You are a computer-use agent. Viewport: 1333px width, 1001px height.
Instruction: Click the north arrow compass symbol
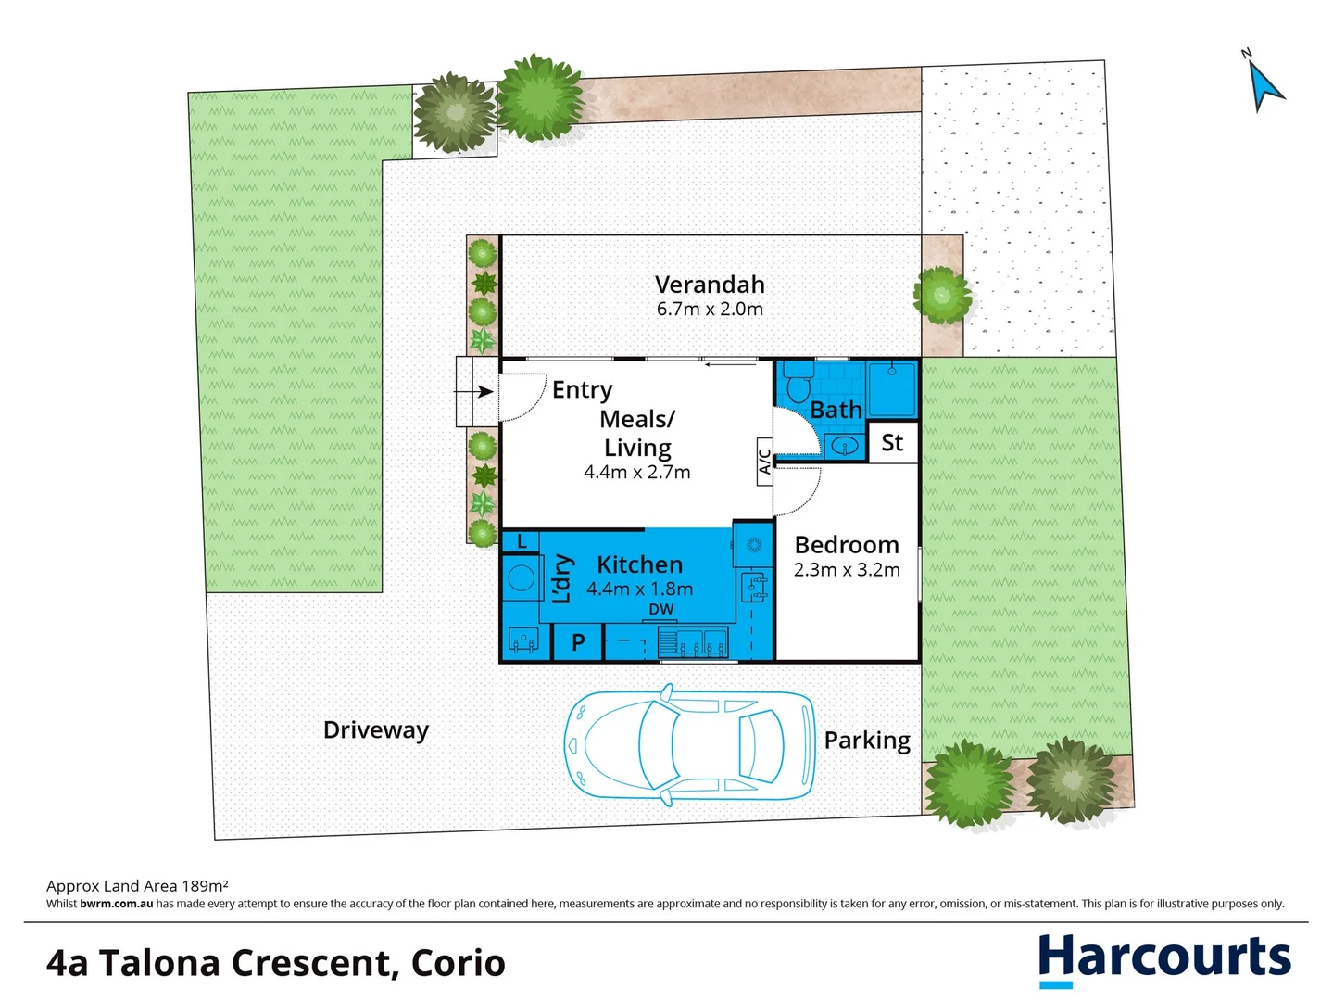click(x=1264, y=86)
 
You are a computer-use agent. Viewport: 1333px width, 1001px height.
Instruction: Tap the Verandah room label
click(x=710, y=285)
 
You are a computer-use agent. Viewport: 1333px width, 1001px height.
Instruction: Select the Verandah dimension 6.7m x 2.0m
click(x=710, y=310)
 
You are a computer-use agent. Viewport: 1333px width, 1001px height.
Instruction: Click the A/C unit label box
click(x=764, y=462)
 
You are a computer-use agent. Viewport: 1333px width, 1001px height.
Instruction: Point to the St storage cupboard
click(x=892, y=443)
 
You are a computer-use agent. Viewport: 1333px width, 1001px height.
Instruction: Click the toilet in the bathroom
click(x=797, y=382)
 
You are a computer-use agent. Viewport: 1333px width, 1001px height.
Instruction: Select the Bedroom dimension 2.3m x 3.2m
click(x=847, y=570)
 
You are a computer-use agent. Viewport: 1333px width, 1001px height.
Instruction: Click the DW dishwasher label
click(x=661, y=609)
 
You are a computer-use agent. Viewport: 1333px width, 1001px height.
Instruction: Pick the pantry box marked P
click(x=577, y=641)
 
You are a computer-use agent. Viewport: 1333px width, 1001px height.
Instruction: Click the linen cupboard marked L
click(x=522, y=541)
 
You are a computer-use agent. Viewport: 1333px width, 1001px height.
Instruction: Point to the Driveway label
click(x=375, y=730)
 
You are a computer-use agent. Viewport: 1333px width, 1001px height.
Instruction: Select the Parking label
click(x=867, y=741)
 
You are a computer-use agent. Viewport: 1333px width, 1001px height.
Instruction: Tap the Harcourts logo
click(x=1163, y=958)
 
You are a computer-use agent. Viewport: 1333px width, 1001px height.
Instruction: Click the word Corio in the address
click(x=459, y=963)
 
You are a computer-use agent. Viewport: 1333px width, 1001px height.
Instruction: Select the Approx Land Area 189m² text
click(x=137, y=886)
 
